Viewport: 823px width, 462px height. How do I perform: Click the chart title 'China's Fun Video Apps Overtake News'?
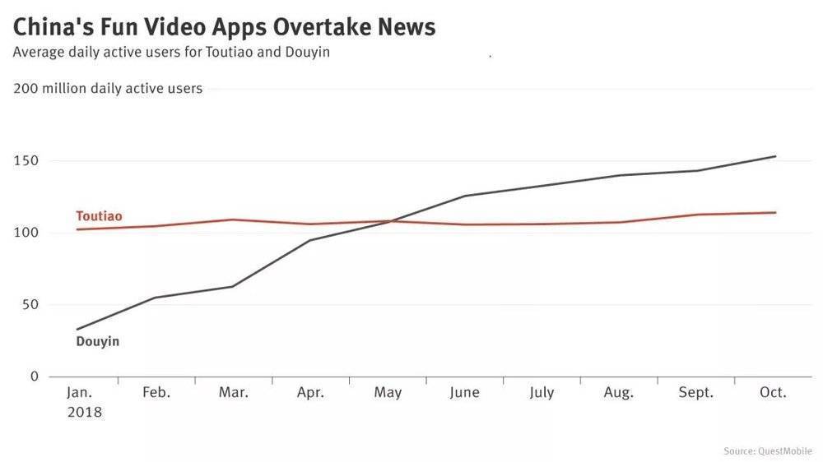(x=224, y=26)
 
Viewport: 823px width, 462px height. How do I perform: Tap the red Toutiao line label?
(x=99, y=216)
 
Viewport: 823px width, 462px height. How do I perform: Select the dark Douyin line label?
(x=98, y=341)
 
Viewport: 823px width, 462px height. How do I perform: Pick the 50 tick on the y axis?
(x=30, y=305)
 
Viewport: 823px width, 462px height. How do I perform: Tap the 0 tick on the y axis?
(x=34, y=377)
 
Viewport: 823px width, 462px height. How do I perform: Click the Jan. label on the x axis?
(x=80, y=393)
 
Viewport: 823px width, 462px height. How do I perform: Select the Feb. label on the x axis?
(x=156, y=393)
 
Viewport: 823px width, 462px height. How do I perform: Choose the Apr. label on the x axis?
(x=310, y=393)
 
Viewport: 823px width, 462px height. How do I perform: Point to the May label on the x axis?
(x=388, y=393)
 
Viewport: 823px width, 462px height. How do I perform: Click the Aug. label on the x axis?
(x=618, y=393)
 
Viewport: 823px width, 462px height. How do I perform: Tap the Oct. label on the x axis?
(x=773, y=393)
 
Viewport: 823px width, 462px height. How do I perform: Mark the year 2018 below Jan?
(x=84, y=413)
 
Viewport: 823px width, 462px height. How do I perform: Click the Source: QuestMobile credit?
(x=767, y=450)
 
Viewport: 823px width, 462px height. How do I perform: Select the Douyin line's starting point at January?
(x=77, y=330)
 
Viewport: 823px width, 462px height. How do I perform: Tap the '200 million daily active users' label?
(x=108, y=89)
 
